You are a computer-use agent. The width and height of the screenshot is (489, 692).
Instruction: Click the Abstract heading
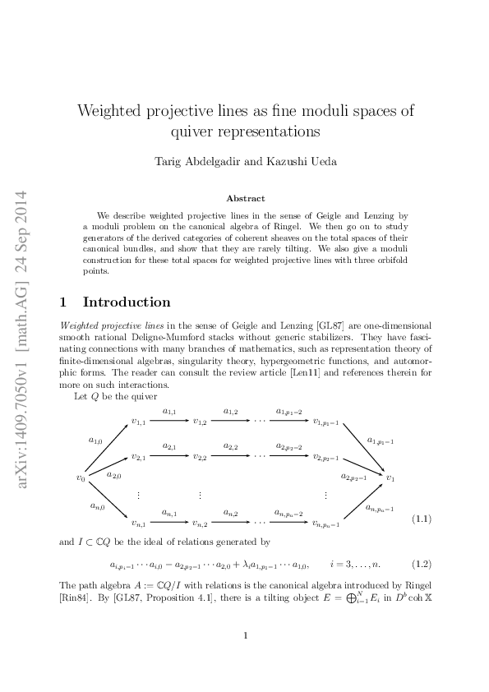[245, 198]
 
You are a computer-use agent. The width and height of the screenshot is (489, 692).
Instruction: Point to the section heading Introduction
[127, 302]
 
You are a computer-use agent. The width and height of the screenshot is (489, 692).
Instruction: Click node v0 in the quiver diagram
[81, 477]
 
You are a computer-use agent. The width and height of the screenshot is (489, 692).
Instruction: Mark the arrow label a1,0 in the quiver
[96, 441]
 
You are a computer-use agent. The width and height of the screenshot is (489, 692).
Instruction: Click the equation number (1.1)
[422, 519]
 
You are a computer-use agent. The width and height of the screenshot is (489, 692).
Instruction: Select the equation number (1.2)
[422, 564]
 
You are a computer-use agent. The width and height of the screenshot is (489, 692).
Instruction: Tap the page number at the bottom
[245, 635]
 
